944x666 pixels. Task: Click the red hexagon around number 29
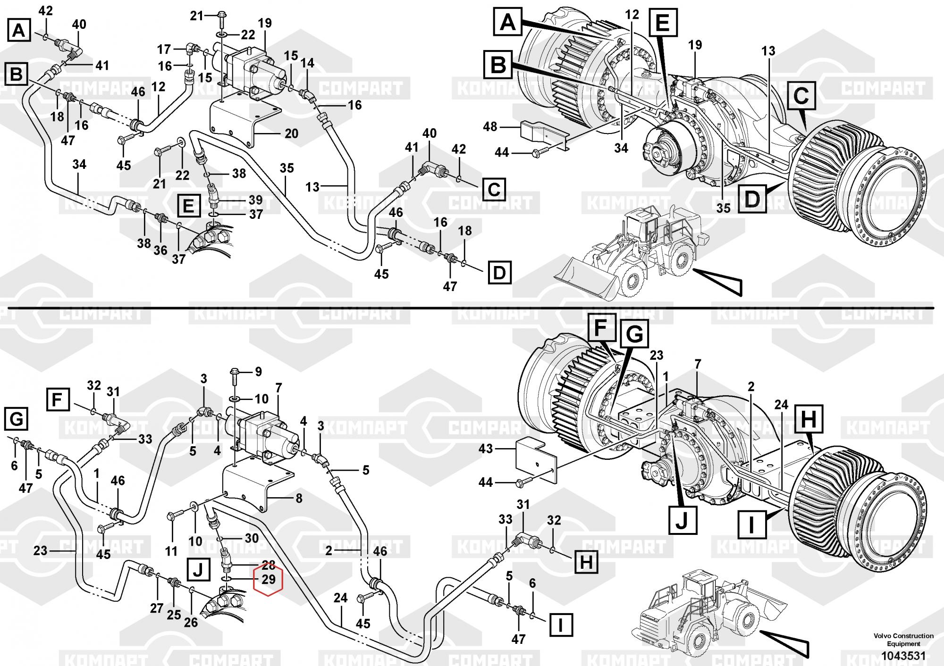click(x=268, y=580)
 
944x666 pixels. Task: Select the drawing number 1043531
click(x=903, y=656)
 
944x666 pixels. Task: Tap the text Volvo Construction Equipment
click(x=903, y=640)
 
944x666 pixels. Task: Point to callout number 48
click(x=490, y=127)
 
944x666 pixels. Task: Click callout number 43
click(x=486, y=449)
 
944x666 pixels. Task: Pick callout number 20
click(x=291, y=134)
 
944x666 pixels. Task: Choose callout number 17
click(x=164, y=50)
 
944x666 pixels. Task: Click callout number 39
click(x=255, y=200)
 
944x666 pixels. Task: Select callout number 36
click(x=160, y=250)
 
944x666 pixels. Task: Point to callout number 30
click(x=252, y=538)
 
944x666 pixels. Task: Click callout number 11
click(x=171, y=550)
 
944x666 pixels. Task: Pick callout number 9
click(x=258, y=372)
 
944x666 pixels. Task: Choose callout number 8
click(x=299, y=498)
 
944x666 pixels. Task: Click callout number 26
click(x=191, y=622)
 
